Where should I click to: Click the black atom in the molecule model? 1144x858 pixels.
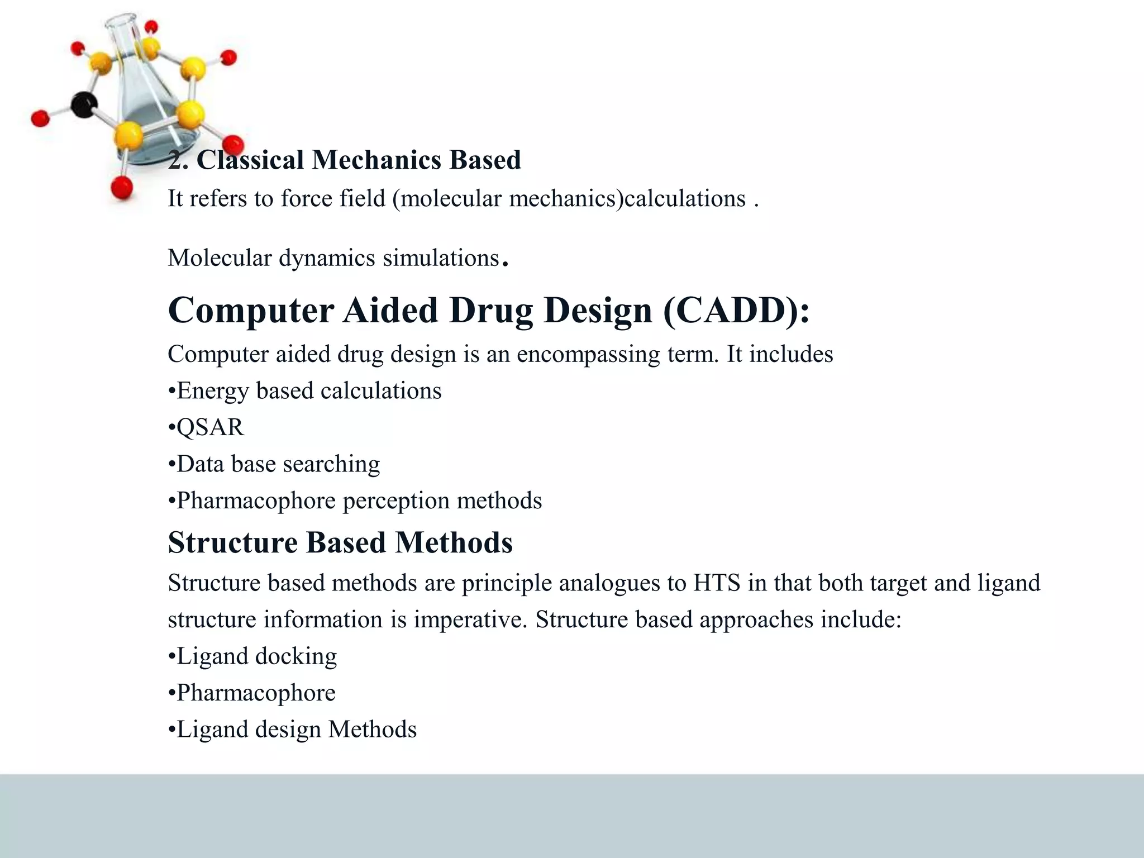click(x=84, y=105)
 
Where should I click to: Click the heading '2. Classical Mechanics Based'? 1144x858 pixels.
click(x=344, y=160)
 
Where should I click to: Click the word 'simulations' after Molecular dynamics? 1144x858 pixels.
click(x=441, y=258)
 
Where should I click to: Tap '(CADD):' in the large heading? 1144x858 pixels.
click(x=736, y=311)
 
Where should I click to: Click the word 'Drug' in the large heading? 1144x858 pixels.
click(x=491, y=311)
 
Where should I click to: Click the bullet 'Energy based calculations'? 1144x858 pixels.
click(x=305, y=391)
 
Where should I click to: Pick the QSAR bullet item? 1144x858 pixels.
click(x=207, y=427)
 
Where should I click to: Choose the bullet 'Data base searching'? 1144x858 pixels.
click(x=274, y=464)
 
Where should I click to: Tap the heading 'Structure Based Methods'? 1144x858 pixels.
click(x=340, y=543)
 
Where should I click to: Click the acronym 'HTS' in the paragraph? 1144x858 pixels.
click(x=717, y=583)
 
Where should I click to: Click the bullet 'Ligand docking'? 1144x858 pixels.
click(x=253, y=656)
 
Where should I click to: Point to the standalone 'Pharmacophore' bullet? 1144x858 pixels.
click(x=252, y=693)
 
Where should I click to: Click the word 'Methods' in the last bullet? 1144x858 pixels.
click(x=372, y=730)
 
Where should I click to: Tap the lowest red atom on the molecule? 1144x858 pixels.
click(x=122, y=188)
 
